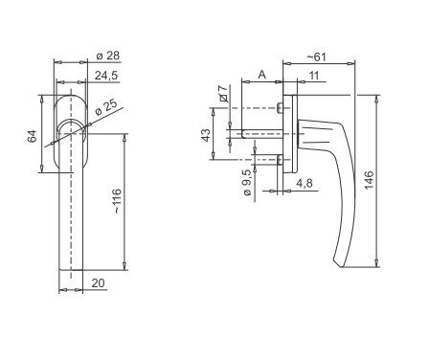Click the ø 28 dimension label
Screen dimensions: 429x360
108,56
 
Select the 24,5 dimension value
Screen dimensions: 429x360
106,76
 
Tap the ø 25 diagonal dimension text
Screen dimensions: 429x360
106,107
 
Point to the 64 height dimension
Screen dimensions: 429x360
32,136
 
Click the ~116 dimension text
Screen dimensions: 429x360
117,201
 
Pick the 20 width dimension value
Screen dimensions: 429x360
98,282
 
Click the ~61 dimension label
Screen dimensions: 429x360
317,56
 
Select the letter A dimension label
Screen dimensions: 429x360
261,75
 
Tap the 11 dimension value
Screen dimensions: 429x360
314,76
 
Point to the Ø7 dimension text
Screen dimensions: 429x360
223,93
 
